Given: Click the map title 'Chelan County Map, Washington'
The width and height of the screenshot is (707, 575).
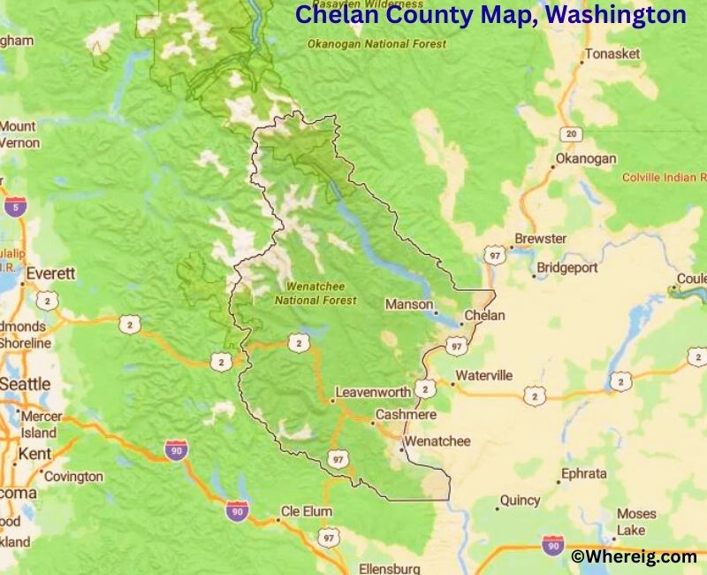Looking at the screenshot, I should coord(490,15).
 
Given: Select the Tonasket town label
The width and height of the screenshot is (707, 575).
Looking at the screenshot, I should coord(612,54).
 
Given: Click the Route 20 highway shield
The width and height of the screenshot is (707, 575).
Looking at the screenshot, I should coord(572,134).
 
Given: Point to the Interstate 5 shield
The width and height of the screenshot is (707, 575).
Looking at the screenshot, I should coord(13,208).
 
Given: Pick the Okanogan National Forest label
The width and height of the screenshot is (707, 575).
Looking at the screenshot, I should coord(376,43).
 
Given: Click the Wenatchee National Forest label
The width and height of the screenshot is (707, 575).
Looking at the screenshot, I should coord(315,294).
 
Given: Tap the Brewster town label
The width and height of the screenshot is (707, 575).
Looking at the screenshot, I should coord(541,239).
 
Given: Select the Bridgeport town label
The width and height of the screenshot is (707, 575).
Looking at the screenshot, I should coord(567,267).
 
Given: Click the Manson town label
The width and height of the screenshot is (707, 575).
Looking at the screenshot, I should coord(408,304).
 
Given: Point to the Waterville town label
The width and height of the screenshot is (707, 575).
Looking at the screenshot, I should coord(483,375).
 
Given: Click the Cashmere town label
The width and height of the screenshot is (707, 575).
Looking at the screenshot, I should coord(406,414).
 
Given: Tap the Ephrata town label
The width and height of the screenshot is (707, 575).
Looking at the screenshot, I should coord(583,474).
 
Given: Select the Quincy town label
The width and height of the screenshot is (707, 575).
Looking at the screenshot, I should coord(520,501).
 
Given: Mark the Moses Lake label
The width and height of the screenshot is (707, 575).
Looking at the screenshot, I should coord(636,522).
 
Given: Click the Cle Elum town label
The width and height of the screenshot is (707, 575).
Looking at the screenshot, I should coord(307,511).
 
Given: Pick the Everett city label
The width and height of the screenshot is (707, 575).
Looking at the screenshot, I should coord(50,273).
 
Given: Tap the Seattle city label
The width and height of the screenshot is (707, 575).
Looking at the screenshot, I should coord(25,384).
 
